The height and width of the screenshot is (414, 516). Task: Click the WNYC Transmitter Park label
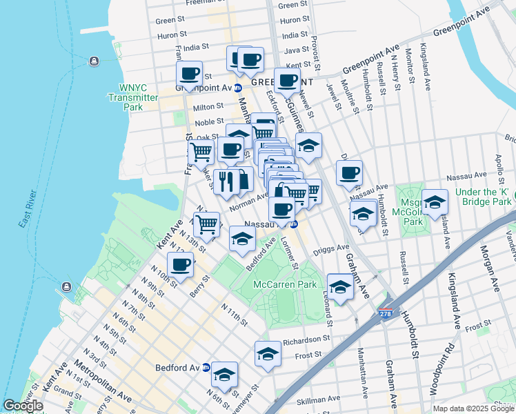pos(133,98)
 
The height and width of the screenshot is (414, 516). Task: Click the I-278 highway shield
pos(386,314)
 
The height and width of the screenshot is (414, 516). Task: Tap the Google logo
pos(23,406)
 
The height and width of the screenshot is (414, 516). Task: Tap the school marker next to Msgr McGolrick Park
pos(435,202)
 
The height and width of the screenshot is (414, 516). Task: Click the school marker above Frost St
pos(268,354)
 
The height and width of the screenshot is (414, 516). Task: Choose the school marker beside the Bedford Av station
pos(224,375)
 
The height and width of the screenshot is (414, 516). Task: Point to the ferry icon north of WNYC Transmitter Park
pos(94,60)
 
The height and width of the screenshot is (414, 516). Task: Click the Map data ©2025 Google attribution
pos(473,408)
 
